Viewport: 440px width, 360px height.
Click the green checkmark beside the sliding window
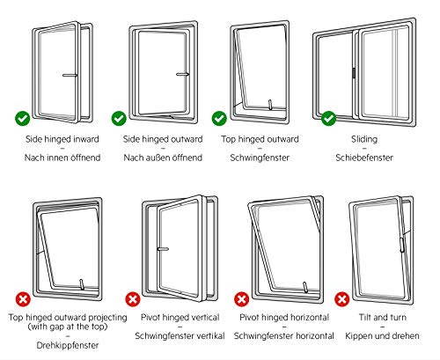(x=328, y=119)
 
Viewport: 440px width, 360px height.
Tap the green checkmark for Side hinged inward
(x=22, y=119)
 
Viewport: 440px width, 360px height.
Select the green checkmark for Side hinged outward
(x=119, y=119)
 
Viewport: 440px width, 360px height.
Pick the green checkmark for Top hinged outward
(x=219, y=119)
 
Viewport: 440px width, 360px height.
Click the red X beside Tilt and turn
(x=342, y=299)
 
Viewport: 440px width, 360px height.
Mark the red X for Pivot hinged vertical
(x=133, y=299)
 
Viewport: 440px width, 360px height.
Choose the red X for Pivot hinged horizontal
(x=241, y=299)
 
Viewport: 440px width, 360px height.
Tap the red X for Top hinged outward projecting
(x=23, y=299)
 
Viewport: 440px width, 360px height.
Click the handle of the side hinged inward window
(x=70, y=76)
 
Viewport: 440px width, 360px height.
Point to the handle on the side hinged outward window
(x=182, y=74)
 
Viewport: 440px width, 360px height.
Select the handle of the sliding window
(x=354, y=73)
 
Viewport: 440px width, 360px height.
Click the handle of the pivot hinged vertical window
(x=163, y=249)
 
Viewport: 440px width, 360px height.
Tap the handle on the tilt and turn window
(x=401, y=245)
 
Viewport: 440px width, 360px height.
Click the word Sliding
(x=364, y=139)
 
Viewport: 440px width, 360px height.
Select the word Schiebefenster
(x=364, y=158)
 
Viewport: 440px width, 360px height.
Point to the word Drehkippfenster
(x=68, y=345)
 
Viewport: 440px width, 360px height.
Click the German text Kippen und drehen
(x=382, y=335)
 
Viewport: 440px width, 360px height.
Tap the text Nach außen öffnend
(x=163, y=158)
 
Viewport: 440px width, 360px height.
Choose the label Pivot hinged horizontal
(x=284, y=317)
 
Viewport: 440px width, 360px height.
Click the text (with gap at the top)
(x=68, y=327)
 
